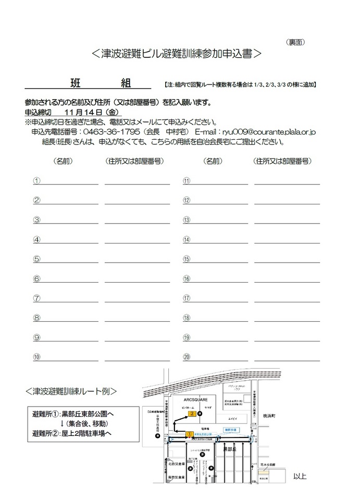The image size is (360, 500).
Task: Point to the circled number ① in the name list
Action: [x=37, y=180]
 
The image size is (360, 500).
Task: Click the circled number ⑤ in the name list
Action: [x=37, y=259]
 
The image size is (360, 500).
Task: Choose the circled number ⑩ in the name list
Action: [x=37, y=357]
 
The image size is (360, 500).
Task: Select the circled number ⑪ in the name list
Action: [x=186, y=181]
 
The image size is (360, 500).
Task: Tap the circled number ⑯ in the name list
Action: [x=186, y=279]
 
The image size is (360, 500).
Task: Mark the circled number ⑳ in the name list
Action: [x=186, y=357]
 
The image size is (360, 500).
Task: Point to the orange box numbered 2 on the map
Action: [x=192, y=414]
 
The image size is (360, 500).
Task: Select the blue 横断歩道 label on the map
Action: [x=230, y=430]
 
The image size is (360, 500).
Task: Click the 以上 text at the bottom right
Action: [x=300, y=476]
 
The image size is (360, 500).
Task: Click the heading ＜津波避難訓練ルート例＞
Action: [x=71, y=391]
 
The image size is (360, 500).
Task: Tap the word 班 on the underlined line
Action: [x=75, y=82]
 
